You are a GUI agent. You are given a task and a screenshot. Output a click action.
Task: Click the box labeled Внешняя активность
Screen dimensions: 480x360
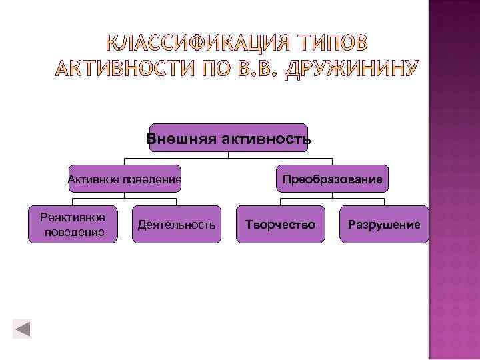(229, 138)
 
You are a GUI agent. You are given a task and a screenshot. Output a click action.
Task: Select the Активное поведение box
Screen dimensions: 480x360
(125, 179)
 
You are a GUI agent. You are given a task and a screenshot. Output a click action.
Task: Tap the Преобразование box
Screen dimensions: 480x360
(332, 179)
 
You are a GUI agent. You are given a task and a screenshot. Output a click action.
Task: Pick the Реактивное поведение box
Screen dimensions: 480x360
(73, 225)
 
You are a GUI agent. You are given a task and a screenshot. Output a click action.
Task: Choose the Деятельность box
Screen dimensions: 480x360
(176, 225)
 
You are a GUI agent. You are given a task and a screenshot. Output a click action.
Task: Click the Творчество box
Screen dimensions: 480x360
(280, 225)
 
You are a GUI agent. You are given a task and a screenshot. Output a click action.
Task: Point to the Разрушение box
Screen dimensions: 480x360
(384, 225)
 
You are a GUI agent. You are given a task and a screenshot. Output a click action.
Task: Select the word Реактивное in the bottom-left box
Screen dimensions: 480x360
(73, 217)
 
